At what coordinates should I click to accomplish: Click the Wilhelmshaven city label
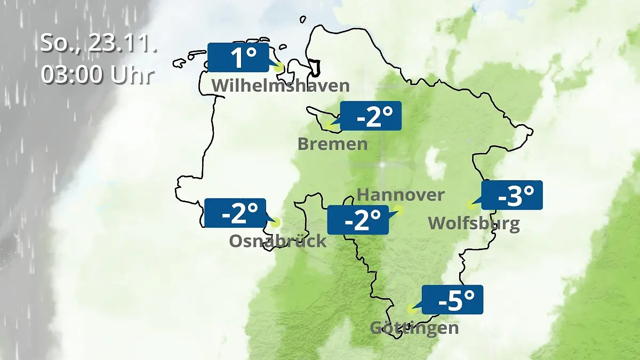(281, 85)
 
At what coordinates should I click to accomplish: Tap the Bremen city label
(332, 144)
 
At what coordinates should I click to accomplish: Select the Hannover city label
(400, 195)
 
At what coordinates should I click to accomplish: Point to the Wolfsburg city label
(474, 223)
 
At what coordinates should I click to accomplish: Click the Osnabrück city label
(277, 241)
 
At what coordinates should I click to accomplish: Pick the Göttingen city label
(414, 327)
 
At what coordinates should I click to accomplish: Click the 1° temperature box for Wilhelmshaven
(238, 58)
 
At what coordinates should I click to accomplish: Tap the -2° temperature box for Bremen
(371, 116)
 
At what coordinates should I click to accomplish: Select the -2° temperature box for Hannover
(357, 220)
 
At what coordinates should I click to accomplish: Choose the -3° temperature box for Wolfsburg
(512, 195)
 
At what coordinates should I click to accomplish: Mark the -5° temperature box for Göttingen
(452, 300)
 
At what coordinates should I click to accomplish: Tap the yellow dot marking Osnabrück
(275, 222)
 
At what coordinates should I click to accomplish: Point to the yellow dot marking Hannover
(398, 210)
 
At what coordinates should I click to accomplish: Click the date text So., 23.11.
(99, 44)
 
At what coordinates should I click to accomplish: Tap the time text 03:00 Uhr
(97, 75)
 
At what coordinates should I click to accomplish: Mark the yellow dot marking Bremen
(329, 127)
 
